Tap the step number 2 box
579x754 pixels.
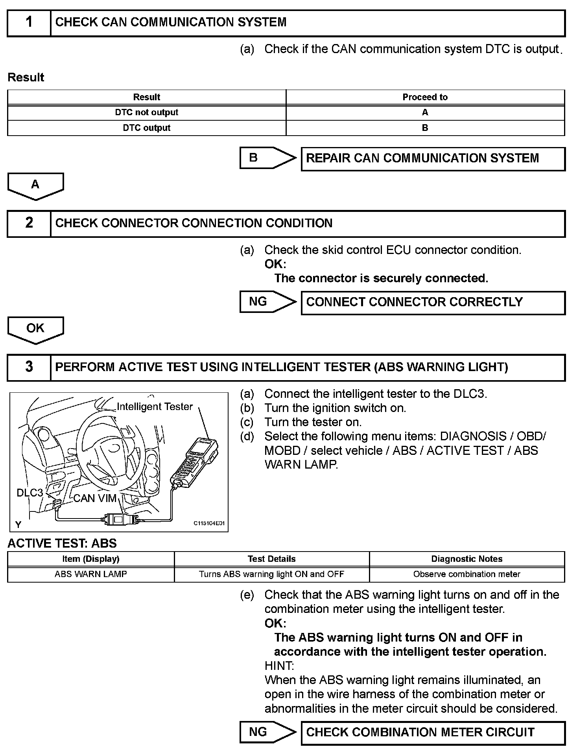[x=29, y=223]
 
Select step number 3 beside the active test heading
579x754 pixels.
[x=29, y=367]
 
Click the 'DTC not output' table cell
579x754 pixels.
[x=146, y=112]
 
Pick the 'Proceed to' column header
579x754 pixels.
[x=425, y=97]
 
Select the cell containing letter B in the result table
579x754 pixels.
[x=425, y=128]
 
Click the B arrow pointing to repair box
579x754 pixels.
[x=267, y=158]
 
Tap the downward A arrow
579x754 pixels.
[x=35, y=186]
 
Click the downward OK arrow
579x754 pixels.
[x=35, y=329]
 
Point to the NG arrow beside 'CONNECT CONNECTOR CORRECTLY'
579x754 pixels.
[x=267, y=302]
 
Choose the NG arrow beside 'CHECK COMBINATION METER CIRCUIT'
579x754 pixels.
[x=267, y=732]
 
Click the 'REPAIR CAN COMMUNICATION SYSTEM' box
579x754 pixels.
[x=433, y=159]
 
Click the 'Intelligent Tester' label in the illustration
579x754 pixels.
[x=155, y=406]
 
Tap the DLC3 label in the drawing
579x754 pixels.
[x=30, y=493]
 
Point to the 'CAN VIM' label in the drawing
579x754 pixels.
[x=95, y=498]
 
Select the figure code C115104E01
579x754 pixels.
[x=209, y=523]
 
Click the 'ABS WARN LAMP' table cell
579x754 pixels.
[x=91, y=574]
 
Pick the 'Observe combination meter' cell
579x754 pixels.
[x=467, y=574]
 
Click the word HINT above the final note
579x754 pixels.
[x=279, y=666]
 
